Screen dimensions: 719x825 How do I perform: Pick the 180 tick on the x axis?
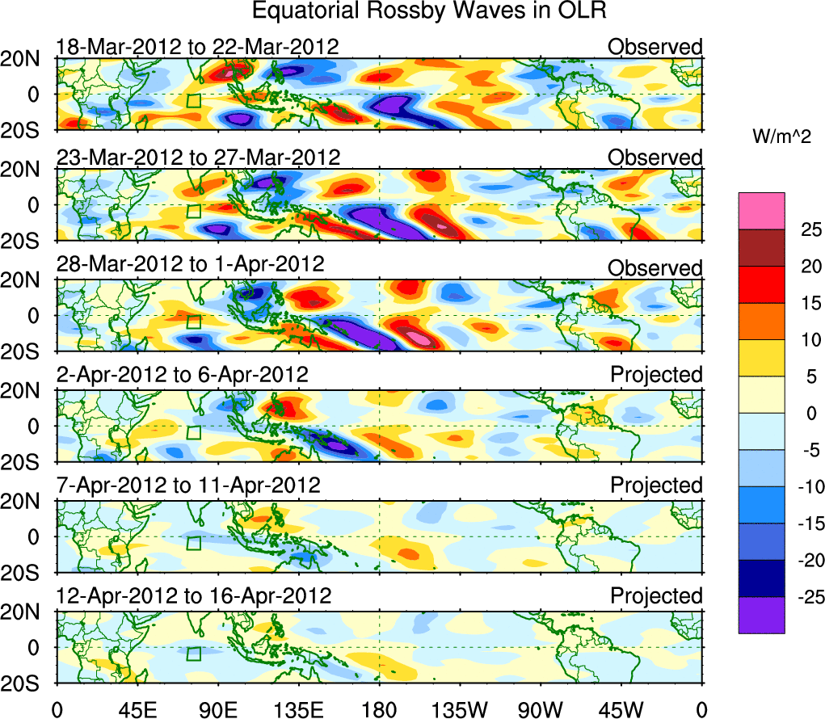click(379, 710)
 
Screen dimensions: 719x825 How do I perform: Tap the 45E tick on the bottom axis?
click(137, 710)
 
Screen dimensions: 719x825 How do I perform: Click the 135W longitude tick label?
click(460, 710)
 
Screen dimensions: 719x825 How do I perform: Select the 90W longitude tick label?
click(541, 710)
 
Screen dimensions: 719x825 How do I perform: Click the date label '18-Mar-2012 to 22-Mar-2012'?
click(197, 47)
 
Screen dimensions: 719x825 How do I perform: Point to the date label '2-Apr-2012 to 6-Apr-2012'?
click(182, 375)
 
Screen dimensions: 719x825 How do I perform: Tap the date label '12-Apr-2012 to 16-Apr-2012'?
click(194, 596)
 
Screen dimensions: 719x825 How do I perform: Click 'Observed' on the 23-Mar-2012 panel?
click(655, 158)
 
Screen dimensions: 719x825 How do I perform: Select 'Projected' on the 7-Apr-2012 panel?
click(656, 486)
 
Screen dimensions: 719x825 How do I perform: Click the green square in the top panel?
click(193, 100)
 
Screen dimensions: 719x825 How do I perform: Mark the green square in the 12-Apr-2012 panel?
click(193, 654)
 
